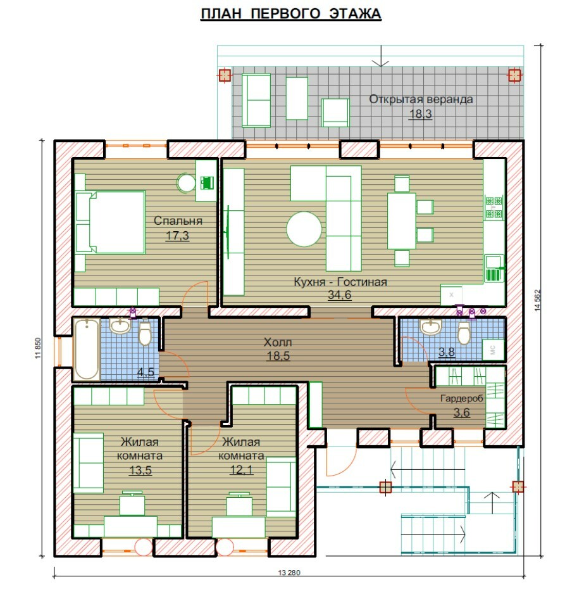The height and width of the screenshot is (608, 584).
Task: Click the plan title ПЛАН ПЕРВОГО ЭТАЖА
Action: click(291, 13)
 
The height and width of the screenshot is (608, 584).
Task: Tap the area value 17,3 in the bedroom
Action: click(177, 236)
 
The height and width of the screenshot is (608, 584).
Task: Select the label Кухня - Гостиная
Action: click(340, 281)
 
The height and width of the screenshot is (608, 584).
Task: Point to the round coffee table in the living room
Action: click(304, 229)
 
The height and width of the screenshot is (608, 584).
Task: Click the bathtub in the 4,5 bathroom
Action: click(86, 348)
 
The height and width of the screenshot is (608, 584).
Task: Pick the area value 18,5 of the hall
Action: click(278, 356)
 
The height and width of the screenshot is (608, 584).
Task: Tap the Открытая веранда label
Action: click(421, 99)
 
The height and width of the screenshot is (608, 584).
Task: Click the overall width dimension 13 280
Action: click(289, 573)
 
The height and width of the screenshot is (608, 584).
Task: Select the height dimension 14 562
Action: click(537, 300)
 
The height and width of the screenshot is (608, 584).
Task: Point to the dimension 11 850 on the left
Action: click(37, 348)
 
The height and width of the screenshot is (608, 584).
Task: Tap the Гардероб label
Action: click(462, 398)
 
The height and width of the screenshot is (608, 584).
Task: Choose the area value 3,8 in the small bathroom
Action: click(447, 352)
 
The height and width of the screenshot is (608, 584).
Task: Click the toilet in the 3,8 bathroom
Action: click(464, 332)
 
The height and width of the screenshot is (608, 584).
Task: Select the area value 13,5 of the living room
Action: click(140, 471)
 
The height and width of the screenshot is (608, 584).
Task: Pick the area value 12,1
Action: click(242, 470)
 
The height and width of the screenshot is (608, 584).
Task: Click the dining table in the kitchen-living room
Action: click(402, 221)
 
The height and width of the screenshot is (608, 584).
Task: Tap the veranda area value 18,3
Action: click(421, 114)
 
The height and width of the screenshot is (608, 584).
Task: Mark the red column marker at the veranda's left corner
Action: click(225, 75)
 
